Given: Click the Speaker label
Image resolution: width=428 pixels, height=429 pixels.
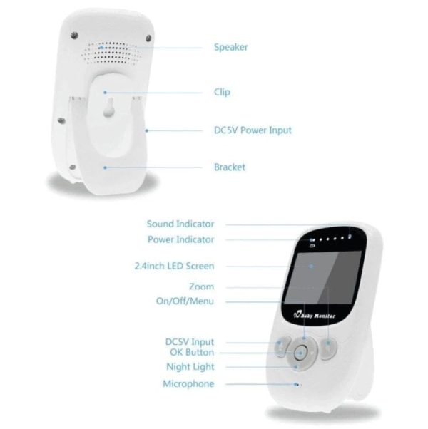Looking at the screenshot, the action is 231,47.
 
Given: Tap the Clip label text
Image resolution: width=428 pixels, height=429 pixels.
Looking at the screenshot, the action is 222,92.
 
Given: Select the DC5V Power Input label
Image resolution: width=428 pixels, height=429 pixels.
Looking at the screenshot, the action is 253,130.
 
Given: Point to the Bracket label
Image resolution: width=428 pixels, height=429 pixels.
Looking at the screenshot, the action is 230,167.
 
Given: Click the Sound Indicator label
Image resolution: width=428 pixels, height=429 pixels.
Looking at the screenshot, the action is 180,224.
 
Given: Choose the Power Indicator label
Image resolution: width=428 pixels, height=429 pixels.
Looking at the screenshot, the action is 180,239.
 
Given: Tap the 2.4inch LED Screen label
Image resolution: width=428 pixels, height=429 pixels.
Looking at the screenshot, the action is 174,266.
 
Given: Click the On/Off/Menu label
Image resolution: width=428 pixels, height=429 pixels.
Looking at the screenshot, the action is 185,301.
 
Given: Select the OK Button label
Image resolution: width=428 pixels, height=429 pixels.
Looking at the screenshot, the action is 192,352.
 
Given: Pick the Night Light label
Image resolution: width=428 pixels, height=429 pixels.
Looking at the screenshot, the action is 190,366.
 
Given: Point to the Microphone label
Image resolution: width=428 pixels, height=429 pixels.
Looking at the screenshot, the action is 188,383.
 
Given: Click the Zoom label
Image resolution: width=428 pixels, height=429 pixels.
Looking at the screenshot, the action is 201,286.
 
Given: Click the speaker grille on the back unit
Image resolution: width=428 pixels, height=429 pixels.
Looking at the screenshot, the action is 111,53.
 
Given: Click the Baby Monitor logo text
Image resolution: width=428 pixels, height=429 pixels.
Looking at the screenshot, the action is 314,315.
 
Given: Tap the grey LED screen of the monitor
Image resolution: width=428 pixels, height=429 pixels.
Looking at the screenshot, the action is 323,278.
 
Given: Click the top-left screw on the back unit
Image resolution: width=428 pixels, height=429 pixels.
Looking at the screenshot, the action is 74,36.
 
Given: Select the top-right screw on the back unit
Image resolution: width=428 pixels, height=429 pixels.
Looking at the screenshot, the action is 148,38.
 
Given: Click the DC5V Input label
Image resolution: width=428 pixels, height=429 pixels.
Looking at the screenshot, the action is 190,342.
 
